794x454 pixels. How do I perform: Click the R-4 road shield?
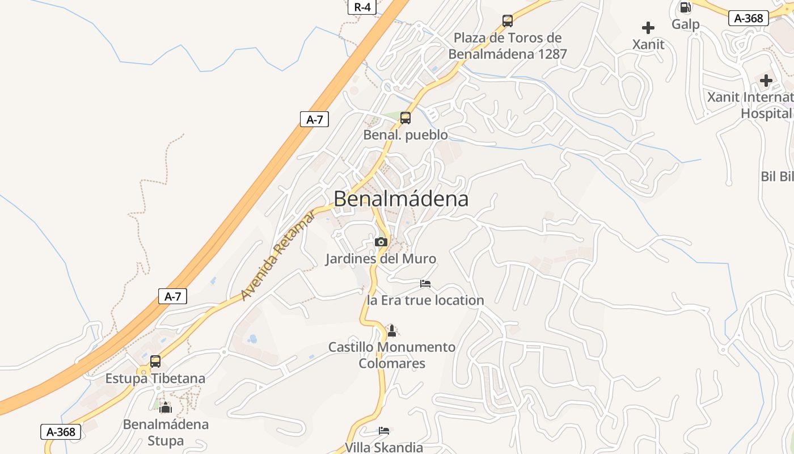point(362,7)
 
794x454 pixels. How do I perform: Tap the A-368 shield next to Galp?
point(748,18)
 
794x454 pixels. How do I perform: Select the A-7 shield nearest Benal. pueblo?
point(314,119)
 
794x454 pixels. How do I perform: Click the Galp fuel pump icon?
point(685,7)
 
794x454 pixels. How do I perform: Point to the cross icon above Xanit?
point(648,27)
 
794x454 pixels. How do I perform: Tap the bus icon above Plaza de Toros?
point(508,21)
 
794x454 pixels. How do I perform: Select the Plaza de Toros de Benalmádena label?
point(508,46)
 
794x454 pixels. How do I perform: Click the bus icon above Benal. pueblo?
point(406,118)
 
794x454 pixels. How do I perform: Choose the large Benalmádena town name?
point(401,199)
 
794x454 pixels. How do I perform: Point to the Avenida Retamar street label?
point(278,255)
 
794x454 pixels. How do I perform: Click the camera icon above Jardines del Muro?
point(381,242)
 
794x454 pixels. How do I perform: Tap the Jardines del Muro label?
point(381,259)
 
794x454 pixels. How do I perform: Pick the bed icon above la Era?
point(425,284)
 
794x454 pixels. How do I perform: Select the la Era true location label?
point(425,300)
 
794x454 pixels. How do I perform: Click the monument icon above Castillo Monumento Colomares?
point(391,330)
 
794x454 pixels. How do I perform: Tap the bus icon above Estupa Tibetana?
point(155,361)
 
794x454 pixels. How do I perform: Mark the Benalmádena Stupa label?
point(166,432)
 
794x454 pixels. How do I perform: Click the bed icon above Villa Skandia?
point(384,431)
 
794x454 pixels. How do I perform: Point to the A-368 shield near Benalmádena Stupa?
point(61,432)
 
